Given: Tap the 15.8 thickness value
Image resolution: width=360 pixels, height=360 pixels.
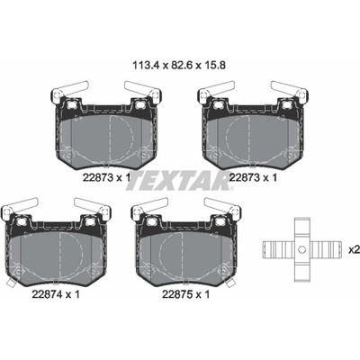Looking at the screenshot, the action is [214, 66].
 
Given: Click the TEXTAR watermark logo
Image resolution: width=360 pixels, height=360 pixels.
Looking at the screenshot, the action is [180, 180].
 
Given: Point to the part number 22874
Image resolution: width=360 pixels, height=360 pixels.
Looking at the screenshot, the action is [47, 294].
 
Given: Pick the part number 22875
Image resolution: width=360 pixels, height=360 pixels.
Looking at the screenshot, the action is [177, 294].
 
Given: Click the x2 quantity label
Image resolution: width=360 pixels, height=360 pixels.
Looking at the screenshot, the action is [354, 249].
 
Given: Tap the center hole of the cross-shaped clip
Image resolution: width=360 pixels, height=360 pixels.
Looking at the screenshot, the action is [302, 249].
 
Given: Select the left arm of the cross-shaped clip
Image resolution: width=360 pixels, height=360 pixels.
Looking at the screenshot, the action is [279, 249].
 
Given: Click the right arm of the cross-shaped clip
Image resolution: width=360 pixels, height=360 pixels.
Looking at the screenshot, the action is [325, 249].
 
